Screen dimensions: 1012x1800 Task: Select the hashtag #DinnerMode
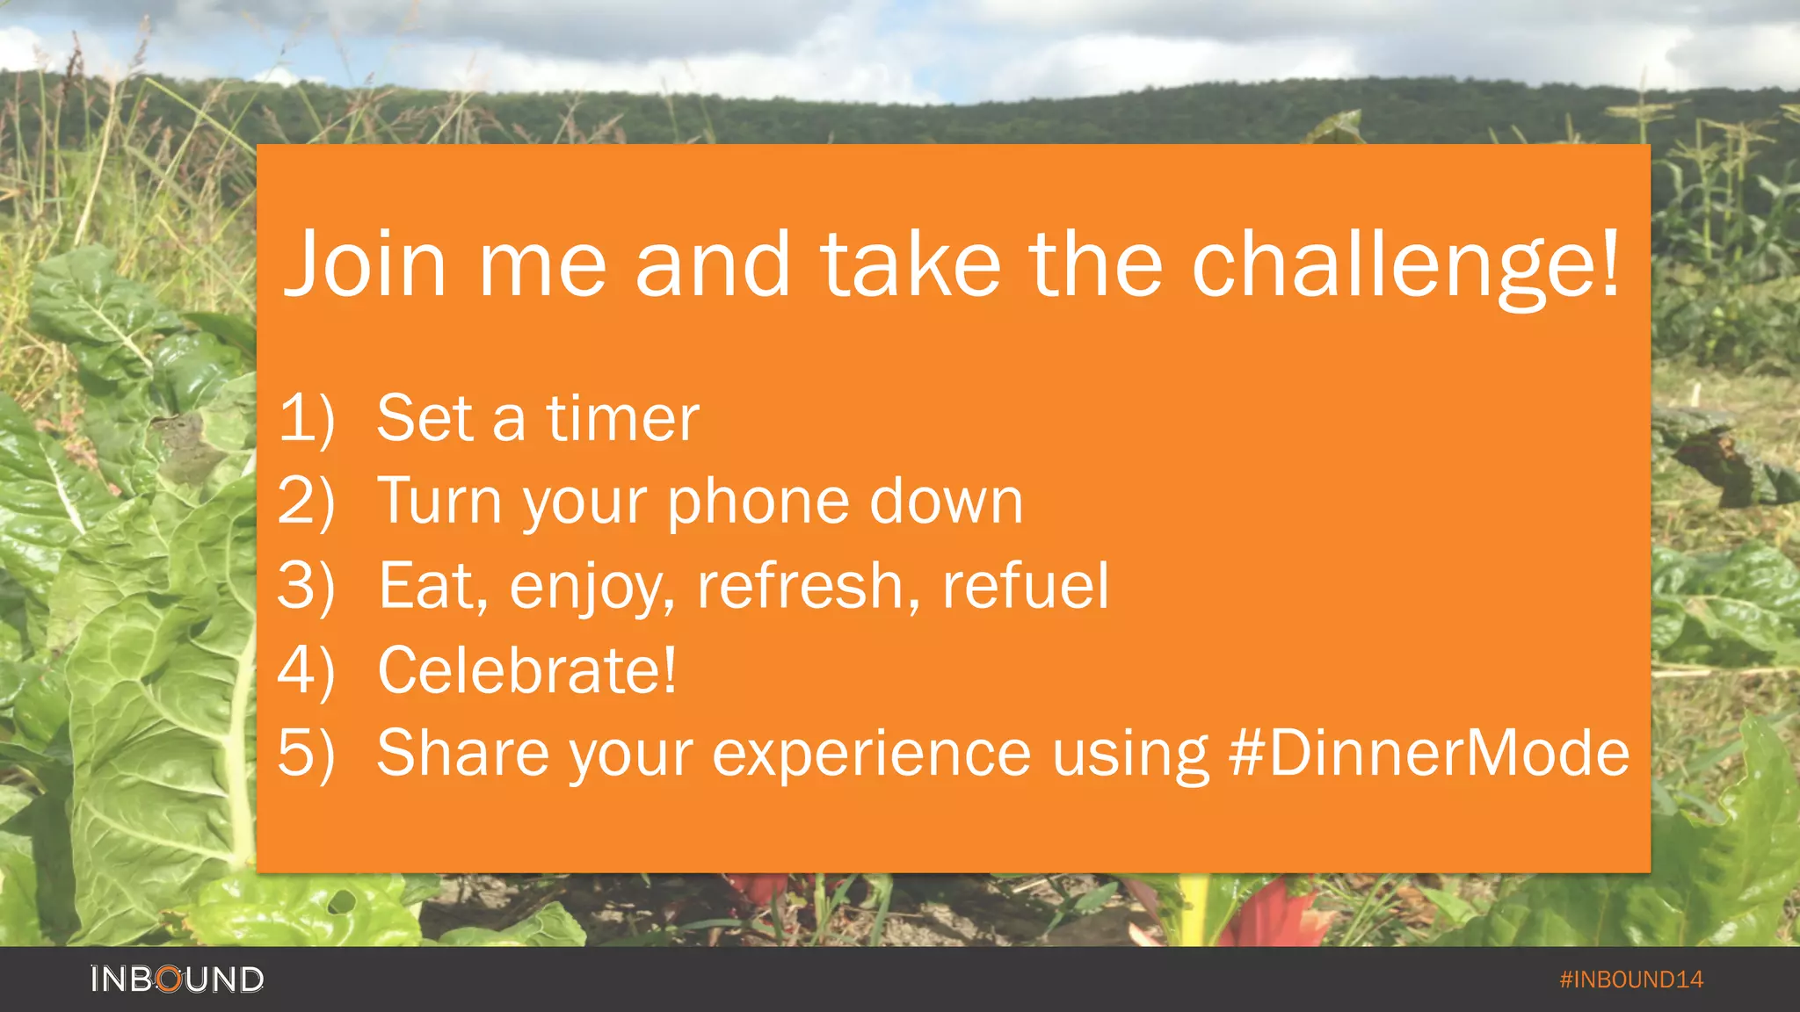click(1429, 753)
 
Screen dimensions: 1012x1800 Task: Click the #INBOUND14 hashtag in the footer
click(1630, 979)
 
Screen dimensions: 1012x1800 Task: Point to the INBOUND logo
click(177, 979)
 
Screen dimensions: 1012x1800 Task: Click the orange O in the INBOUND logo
click(170, 979)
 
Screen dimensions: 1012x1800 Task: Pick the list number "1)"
click(307, 418)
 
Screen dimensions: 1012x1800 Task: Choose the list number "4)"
click(307, 671)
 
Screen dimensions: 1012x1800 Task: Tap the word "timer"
click(622, 418)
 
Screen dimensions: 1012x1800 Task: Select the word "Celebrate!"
click(527, 671)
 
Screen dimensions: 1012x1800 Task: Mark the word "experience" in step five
click(871, 755)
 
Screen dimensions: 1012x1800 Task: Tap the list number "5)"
click(307, 754)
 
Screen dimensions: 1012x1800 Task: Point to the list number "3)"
click(307, 586)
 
